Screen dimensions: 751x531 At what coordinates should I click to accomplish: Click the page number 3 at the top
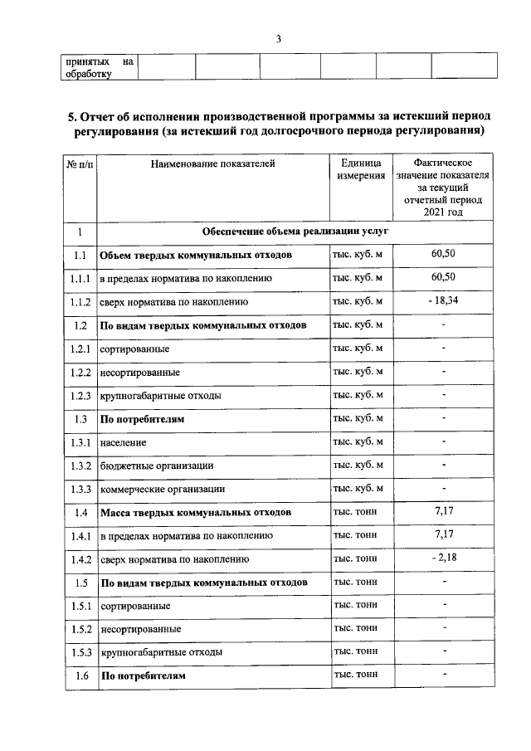(x=280, y=39)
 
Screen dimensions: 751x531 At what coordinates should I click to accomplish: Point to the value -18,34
(x=444, y=300)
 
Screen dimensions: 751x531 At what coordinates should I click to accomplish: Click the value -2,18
(x=444, y=558)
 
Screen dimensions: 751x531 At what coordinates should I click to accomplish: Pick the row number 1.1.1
(x=80, y=278)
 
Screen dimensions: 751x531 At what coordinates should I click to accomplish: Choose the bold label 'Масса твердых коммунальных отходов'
(x=196, y=513)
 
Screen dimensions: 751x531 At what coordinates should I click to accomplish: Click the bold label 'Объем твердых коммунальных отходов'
(x=196, y=255)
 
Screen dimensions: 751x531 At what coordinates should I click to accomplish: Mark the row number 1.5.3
(x=80, y=652)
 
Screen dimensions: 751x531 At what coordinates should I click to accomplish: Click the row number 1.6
(x=80, y=676)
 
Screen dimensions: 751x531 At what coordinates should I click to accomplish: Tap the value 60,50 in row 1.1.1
(x=444, y=277)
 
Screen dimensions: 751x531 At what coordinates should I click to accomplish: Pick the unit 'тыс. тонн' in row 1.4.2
(x=355, y=558)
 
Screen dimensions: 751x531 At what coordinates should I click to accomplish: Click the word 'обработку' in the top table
(x=89, y=73)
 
